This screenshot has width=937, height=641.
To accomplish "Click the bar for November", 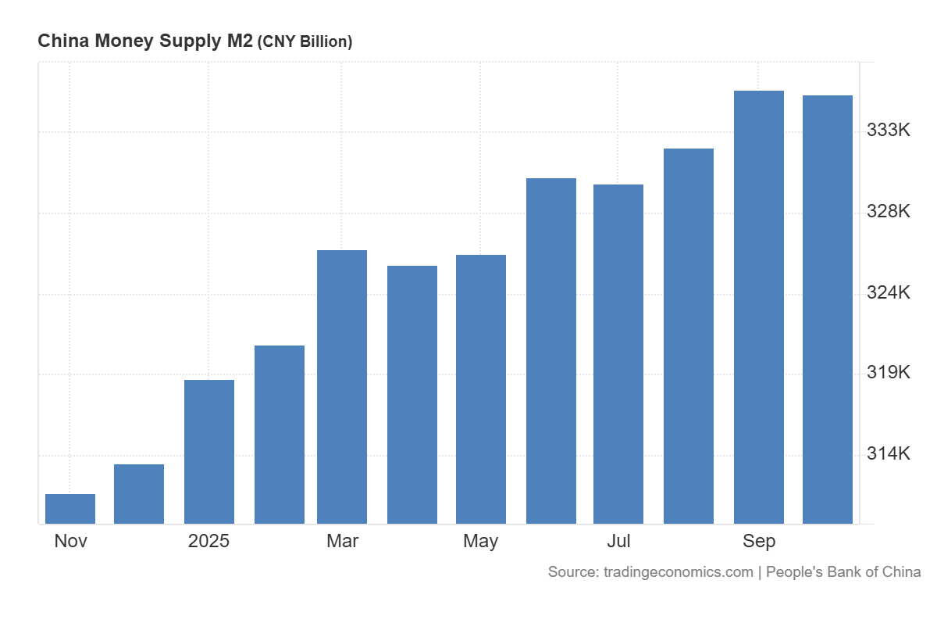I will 70,509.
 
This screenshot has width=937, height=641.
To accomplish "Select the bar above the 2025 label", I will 209,452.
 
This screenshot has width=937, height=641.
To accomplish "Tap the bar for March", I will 342,387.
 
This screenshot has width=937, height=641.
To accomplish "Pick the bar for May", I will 481,389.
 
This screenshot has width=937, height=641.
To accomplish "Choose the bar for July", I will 618,354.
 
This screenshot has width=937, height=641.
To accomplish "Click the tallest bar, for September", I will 759,307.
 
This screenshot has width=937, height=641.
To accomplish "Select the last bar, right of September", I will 828,310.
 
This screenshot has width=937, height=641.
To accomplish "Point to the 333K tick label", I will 889,131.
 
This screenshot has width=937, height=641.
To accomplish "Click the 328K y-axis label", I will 889,212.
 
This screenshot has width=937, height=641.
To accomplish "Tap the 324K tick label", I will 889,293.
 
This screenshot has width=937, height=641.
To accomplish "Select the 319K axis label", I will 889,373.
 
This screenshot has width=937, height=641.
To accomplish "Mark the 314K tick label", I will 889,454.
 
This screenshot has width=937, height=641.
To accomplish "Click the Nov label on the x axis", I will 71,541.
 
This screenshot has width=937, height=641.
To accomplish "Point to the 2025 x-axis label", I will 209,541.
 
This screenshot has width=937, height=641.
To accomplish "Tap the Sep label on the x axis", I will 759,541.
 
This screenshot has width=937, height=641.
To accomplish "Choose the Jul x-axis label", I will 618,541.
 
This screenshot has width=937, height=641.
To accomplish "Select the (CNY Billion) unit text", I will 305,42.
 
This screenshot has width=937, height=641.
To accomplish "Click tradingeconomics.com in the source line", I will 679,572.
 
